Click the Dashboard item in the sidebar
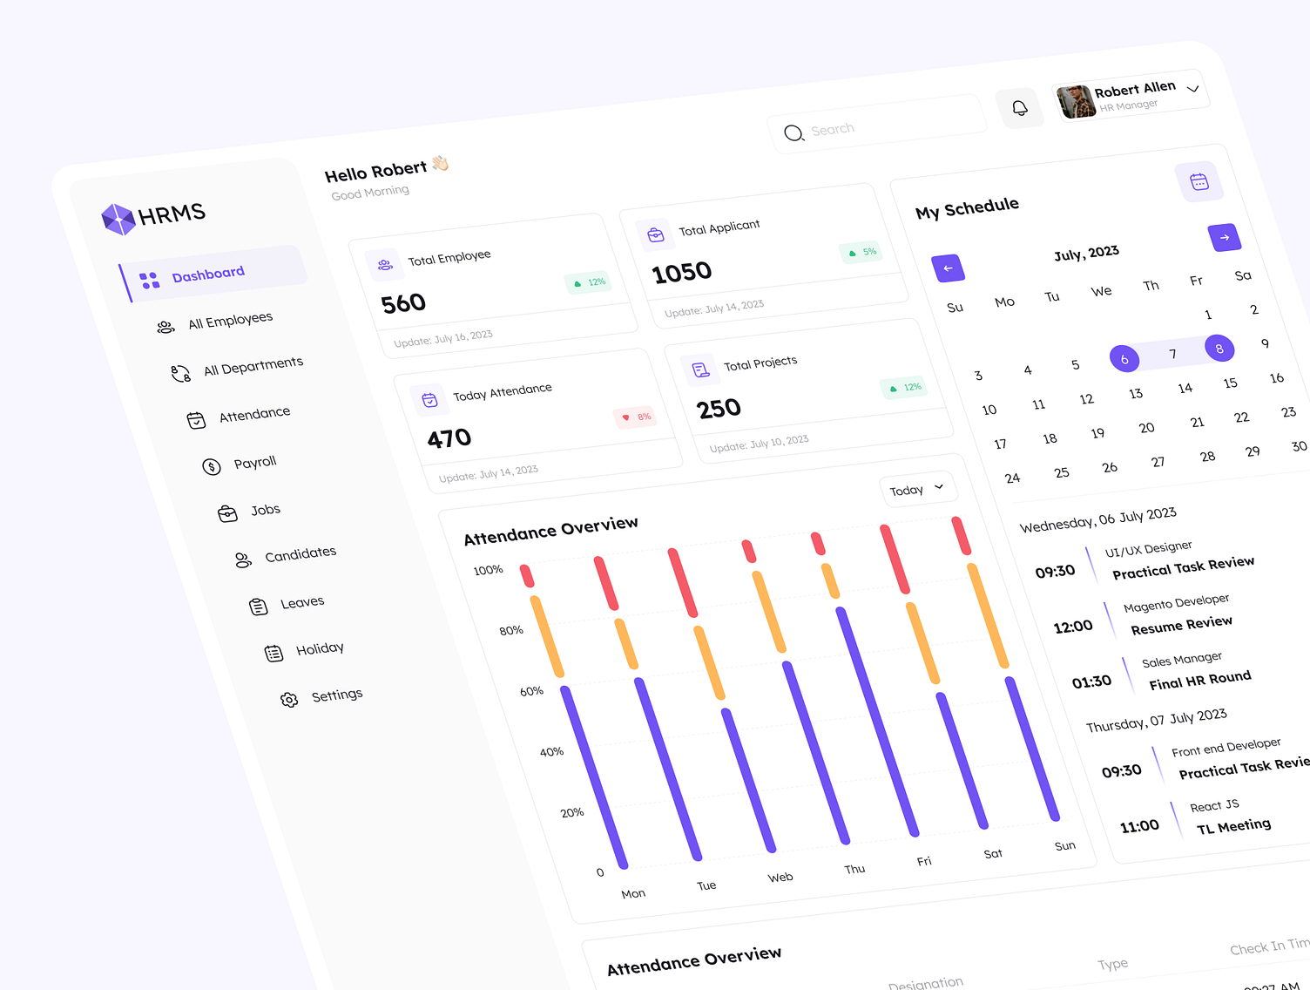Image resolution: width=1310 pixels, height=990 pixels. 209,275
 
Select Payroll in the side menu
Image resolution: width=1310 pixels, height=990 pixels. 254,463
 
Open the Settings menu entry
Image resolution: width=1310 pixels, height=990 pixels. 336,695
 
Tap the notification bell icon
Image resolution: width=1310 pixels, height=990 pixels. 1020,108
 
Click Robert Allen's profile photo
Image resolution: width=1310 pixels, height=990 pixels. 1077,102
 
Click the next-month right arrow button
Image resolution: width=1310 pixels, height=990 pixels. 1225,237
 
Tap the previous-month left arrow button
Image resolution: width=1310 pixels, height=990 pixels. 948,268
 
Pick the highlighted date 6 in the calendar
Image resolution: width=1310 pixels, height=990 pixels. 1124,358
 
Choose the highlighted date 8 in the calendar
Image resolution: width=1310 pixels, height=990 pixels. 1219,349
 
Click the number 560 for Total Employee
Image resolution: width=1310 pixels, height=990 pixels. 403,303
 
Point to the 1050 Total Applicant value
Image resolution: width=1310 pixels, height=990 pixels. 682,273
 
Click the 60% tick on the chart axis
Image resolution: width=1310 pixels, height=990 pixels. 531,692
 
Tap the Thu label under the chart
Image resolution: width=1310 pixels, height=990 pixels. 854,869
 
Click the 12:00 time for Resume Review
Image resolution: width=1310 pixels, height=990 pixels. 1073,627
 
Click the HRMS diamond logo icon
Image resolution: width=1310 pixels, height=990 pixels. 118,219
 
